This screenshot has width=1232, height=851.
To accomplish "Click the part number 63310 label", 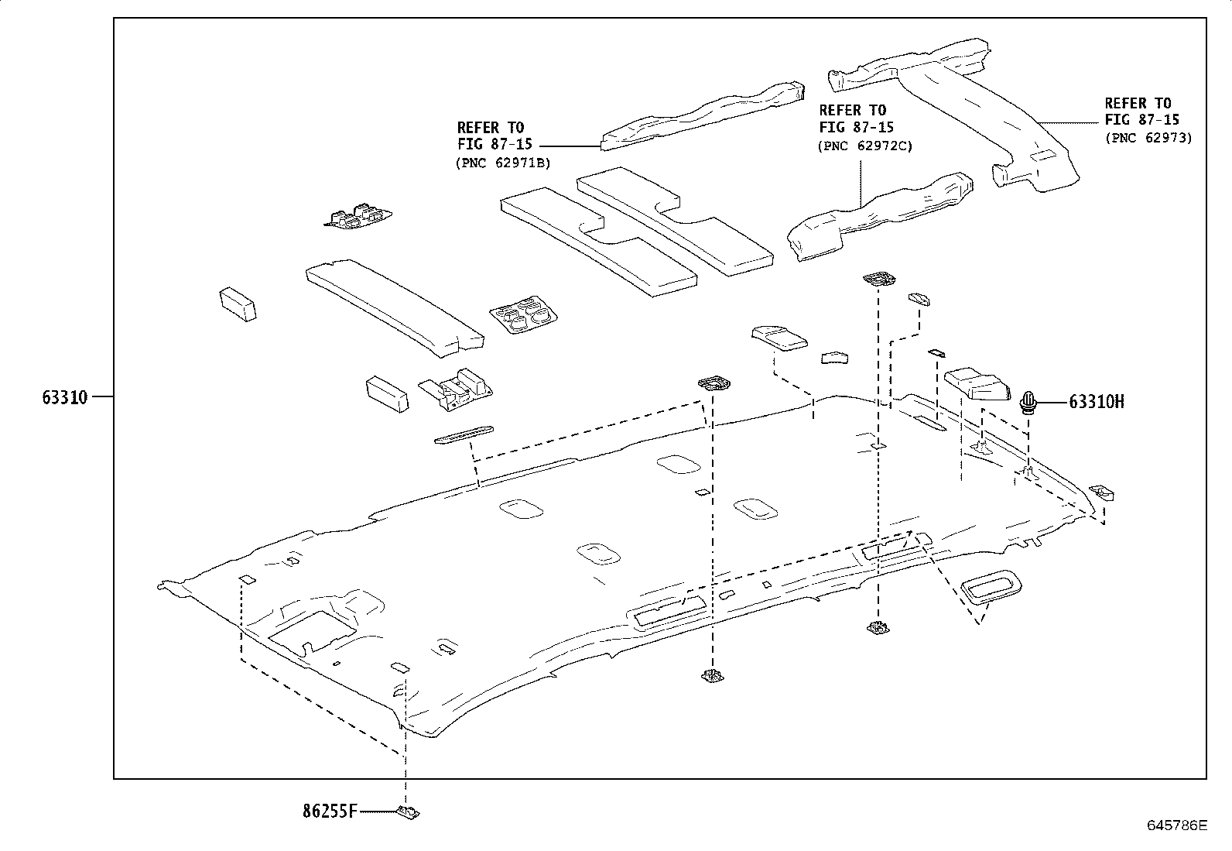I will coord(65,398).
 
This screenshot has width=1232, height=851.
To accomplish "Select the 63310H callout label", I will coord(1097,402).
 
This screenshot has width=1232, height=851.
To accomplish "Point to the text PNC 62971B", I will coord(502,163).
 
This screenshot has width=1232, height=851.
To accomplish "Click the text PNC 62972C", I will coord(865,146).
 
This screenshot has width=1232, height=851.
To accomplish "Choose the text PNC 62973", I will coord(1148,138).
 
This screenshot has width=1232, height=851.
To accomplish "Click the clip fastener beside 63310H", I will coord(1028,403).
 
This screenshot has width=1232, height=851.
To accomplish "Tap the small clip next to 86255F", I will coord(407,812).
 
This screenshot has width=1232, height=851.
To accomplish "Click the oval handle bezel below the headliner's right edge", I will coord(991,587).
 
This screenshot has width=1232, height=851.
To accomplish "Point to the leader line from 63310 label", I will coord(102,397).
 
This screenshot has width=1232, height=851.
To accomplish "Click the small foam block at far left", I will coord(238,304).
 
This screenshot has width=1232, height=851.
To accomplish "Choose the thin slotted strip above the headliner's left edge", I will coord(464,435).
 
